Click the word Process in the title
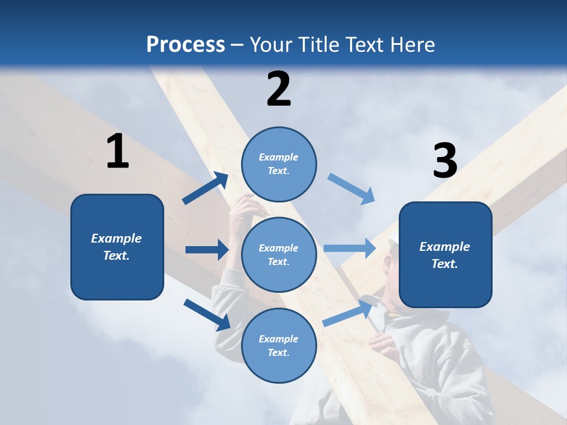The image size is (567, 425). (185, 45)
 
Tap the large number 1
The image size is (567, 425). (118, 152)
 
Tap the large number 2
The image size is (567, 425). (279, 89)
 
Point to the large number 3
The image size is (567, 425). (445, 161)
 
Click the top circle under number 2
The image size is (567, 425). (279, 164)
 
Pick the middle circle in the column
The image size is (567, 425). (279, 254)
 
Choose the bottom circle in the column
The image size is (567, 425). (279, 345)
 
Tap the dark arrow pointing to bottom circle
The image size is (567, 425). (207, 315)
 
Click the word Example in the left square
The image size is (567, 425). (116, 238)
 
